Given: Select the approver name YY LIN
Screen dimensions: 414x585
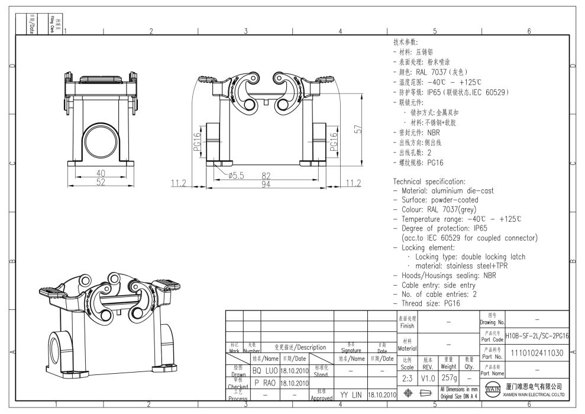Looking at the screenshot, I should [350, 394].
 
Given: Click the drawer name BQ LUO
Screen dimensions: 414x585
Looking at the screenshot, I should [264, 371].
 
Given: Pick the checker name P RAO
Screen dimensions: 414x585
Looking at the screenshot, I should [264, 383].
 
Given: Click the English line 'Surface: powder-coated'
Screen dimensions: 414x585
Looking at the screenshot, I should [438, 200].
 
